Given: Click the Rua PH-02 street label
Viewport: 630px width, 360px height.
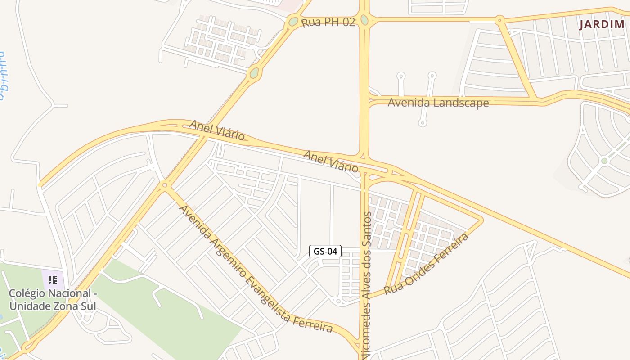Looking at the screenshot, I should (x=328, y=22).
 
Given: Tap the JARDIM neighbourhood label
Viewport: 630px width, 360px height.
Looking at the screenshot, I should (x=602, y=24).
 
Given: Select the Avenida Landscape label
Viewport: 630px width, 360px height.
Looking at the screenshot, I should (x=438, y=103).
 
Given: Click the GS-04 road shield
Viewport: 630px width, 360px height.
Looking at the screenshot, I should (x=325, y=251).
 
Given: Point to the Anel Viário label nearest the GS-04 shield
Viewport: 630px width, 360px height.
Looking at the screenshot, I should (x=331, y=162).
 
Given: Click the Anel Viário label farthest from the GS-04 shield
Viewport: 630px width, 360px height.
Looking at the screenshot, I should (x=217, y=130).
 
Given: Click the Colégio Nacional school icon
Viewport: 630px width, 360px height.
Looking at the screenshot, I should (x=53, y=280).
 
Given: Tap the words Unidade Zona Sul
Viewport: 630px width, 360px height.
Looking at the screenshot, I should (x=53, y=306).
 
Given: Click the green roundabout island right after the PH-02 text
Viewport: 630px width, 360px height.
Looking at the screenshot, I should (x=364, y=20).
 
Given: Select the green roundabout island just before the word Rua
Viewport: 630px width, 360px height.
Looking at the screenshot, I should (x=293, y=21).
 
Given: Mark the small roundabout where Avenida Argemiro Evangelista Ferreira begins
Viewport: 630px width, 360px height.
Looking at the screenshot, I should (x=165, y=184).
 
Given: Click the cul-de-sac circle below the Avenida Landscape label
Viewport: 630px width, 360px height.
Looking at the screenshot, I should (x=422, y=122).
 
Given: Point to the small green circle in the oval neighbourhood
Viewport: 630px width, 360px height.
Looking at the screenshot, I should (x=604, y=161).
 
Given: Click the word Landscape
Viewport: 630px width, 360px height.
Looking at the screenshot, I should (x=462, y=103).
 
